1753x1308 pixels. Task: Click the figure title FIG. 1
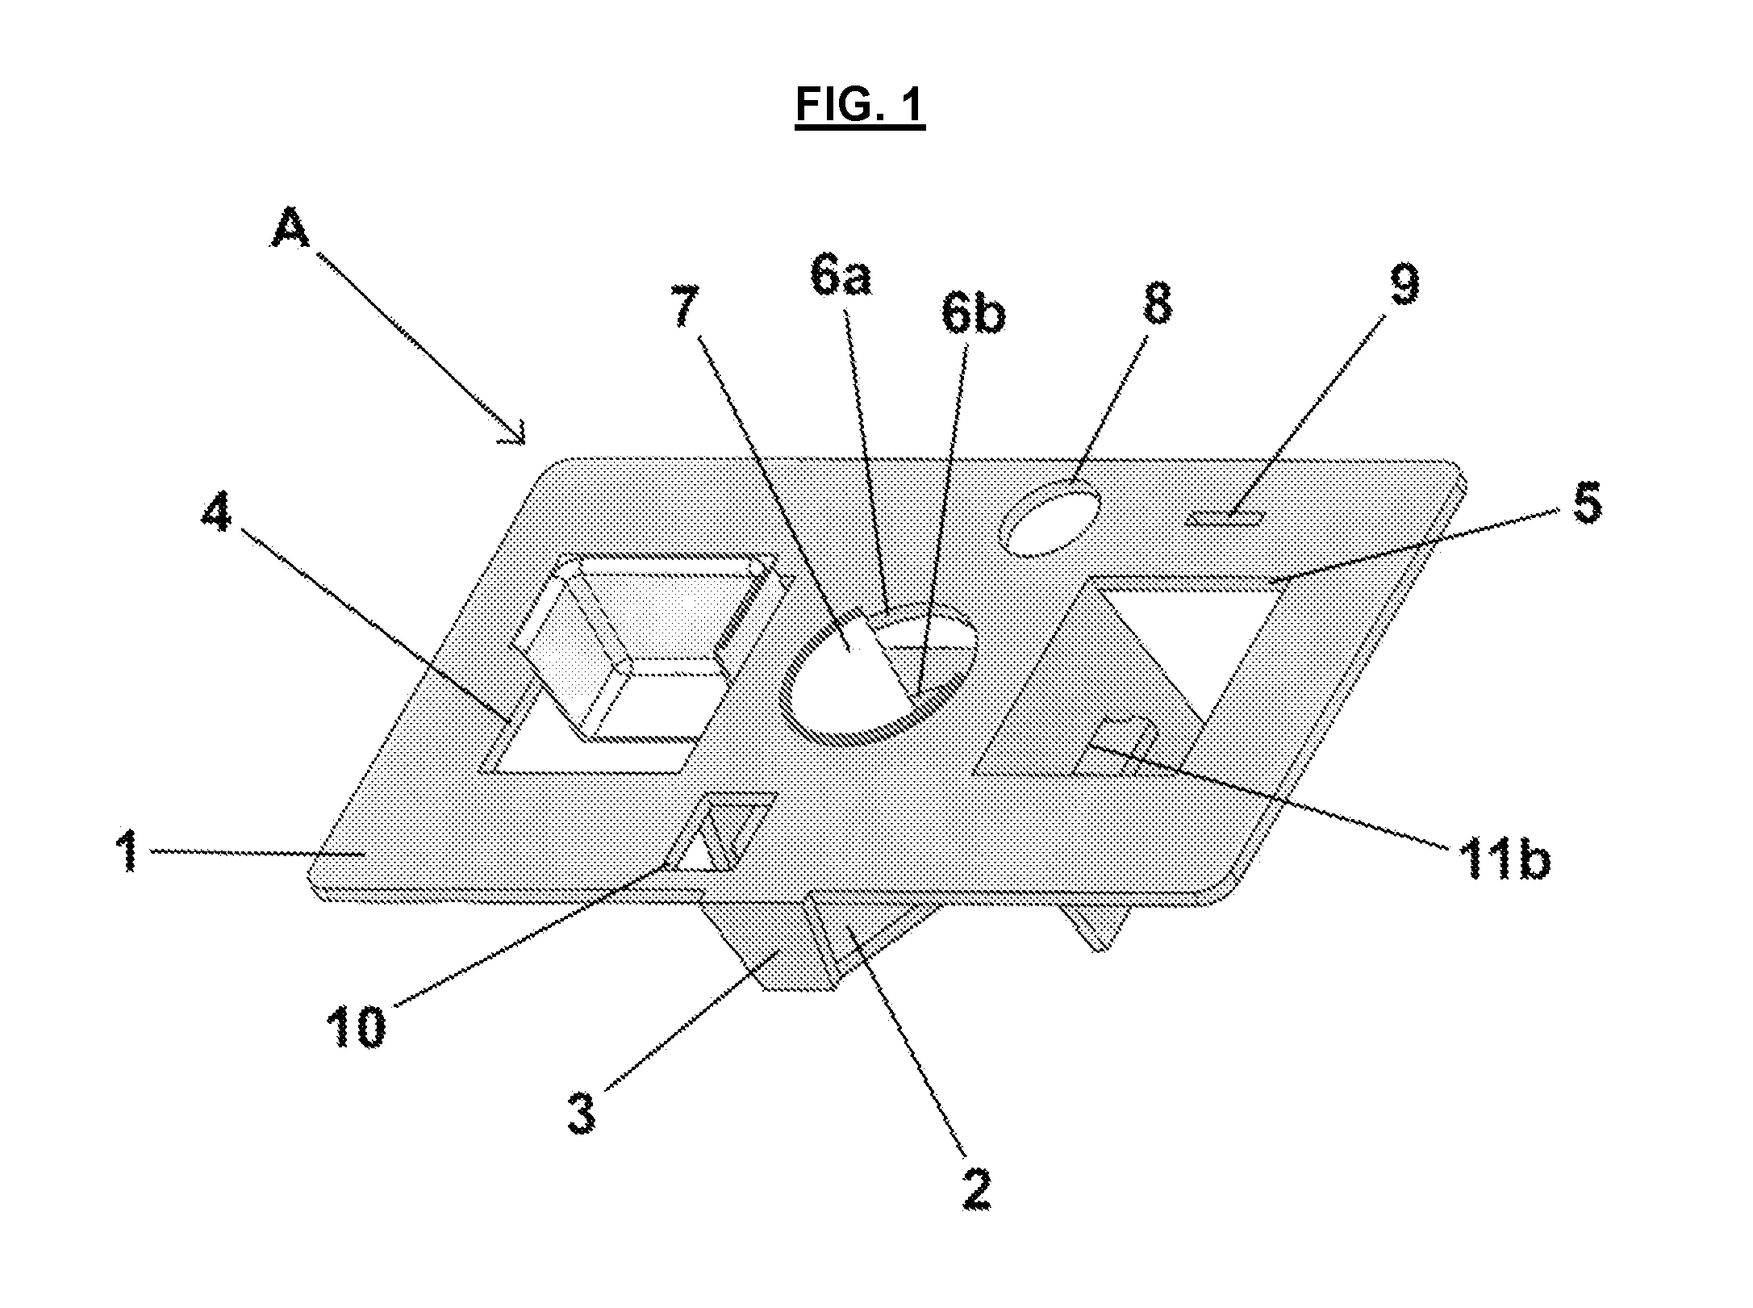point(860,106)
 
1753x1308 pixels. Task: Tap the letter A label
point(290,232)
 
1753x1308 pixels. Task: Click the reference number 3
point(582,1115)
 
